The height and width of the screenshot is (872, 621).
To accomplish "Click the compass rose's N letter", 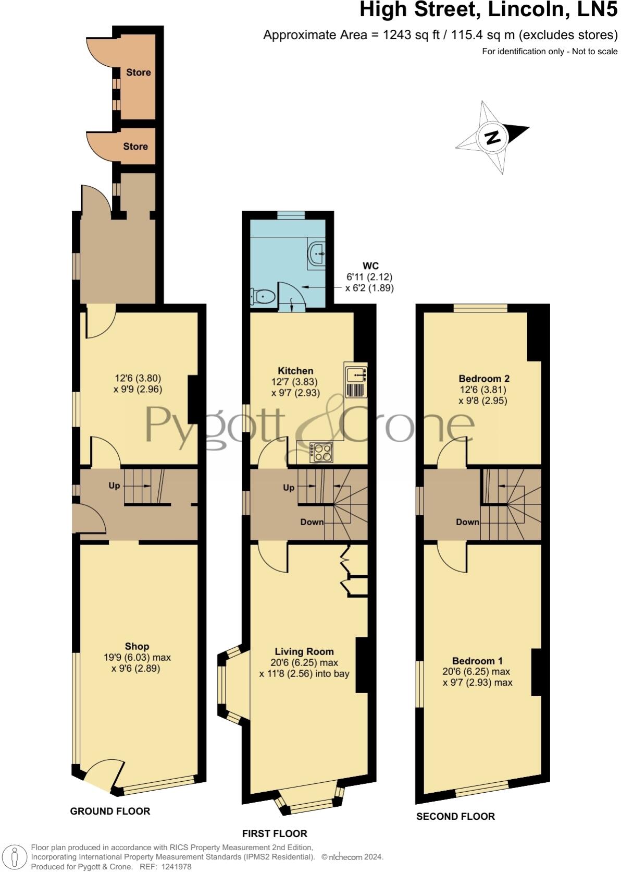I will tap(492, 137).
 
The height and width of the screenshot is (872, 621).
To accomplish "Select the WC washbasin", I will tap(317, 255).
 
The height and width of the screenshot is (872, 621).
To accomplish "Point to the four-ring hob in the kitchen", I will tap(321, 452).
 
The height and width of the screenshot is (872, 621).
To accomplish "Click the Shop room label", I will tap(137, 646).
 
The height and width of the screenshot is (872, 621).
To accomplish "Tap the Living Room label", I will tap(304, 651).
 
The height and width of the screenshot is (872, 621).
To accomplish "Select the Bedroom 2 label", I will tap(484, 379).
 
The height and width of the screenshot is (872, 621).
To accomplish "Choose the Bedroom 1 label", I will tap(477, 660).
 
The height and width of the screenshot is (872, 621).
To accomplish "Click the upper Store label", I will tap(139, 72).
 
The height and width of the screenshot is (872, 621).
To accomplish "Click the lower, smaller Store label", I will tap(135, 147).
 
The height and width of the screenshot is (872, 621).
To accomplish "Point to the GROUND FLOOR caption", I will tap(110, 811).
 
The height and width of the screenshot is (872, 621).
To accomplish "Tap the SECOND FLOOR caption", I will tap(455, 816).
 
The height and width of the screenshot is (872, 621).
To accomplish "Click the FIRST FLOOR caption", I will tap(275, 833).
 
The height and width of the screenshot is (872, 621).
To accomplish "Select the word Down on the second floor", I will tap(467, 522).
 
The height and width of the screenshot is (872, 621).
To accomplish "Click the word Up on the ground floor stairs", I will tap(114, 486).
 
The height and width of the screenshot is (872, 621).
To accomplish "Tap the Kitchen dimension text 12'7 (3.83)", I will tap(294, 382).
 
